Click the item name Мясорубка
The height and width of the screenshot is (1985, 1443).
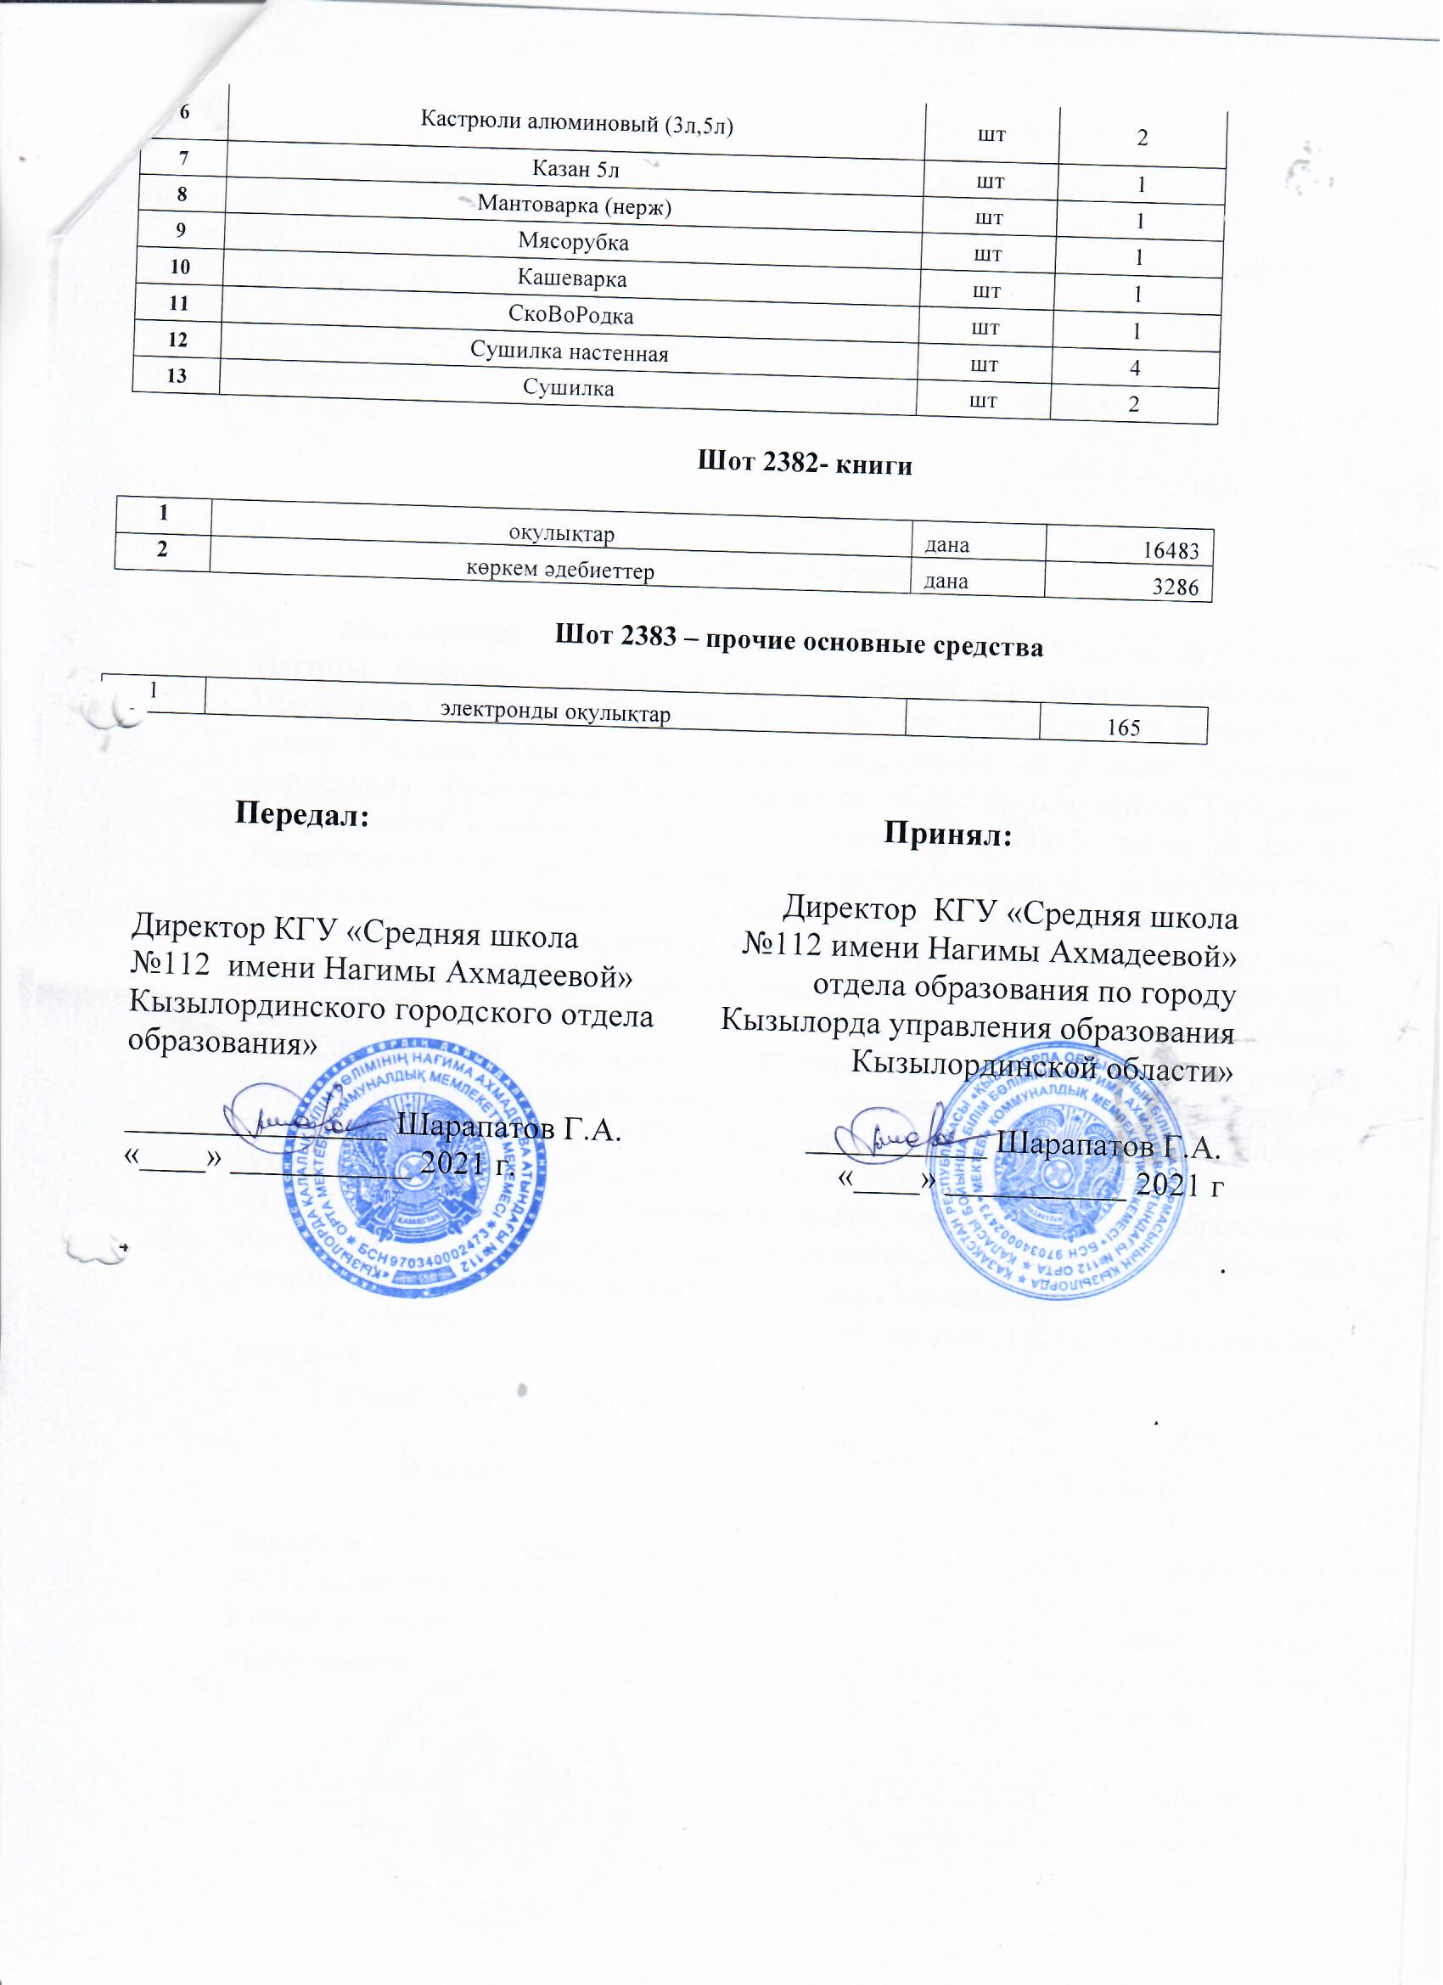[x=573, y=243]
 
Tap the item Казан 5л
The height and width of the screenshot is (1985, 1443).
[x=576, y=169]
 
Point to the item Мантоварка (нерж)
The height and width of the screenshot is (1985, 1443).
[x=574, y=205]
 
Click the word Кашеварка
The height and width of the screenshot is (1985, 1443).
[x=572, y=279]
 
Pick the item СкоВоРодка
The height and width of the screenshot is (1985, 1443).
[x=570, y=315]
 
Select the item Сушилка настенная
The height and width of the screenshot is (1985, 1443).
[x=570, y=352]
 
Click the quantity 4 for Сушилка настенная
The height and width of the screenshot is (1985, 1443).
[x=1135, y=368]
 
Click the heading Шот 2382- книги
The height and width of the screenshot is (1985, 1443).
[x=804, y=464]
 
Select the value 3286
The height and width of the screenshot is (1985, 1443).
[x=1175, y=588]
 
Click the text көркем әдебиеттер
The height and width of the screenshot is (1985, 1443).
[x=559, y=570]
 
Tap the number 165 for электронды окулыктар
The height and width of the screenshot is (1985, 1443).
[x=1124, y=728]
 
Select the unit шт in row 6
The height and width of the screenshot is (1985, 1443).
[x=991, y=136]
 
